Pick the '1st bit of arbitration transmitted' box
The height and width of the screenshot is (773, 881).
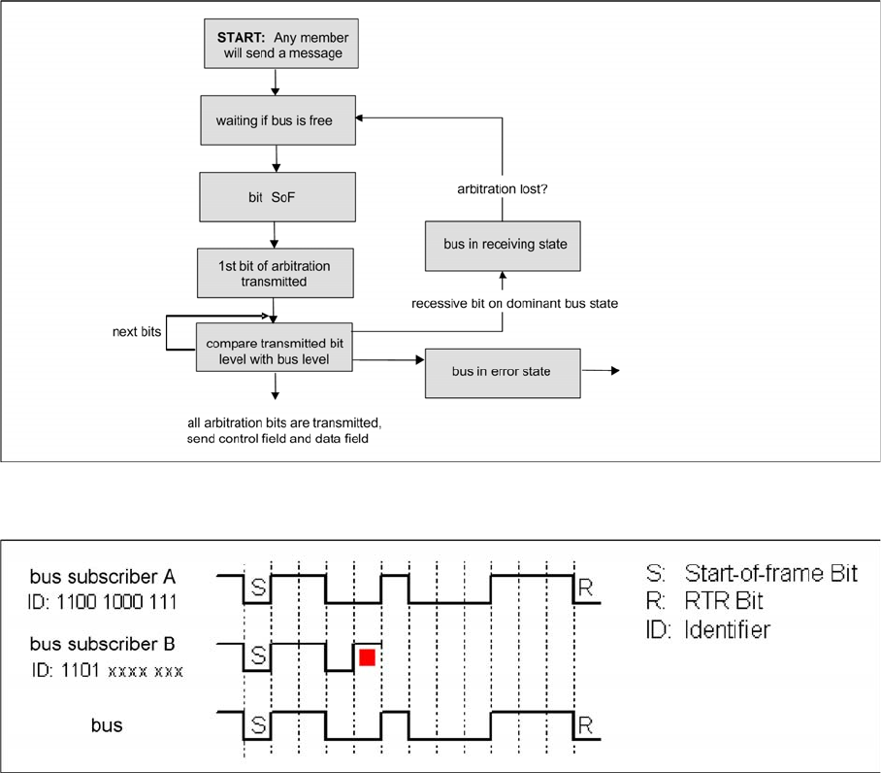[276, 273]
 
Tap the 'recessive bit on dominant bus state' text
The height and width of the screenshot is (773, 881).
[513, 304]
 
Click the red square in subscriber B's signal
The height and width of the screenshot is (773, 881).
[367, 657]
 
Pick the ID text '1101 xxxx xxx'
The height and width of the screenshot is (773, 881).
[106, 671]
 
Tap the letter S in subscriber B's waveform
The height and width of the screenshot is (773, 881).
[258, 657]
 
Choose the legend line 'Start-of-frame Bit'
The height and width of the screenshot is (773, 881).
[753, 573]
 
